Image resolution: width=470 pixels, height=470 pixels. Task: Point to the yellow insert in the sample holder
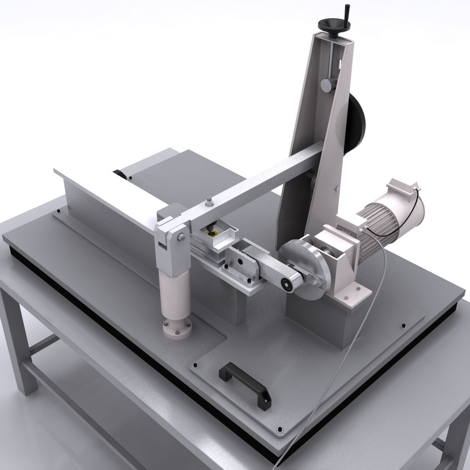[x=214, y=234]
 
